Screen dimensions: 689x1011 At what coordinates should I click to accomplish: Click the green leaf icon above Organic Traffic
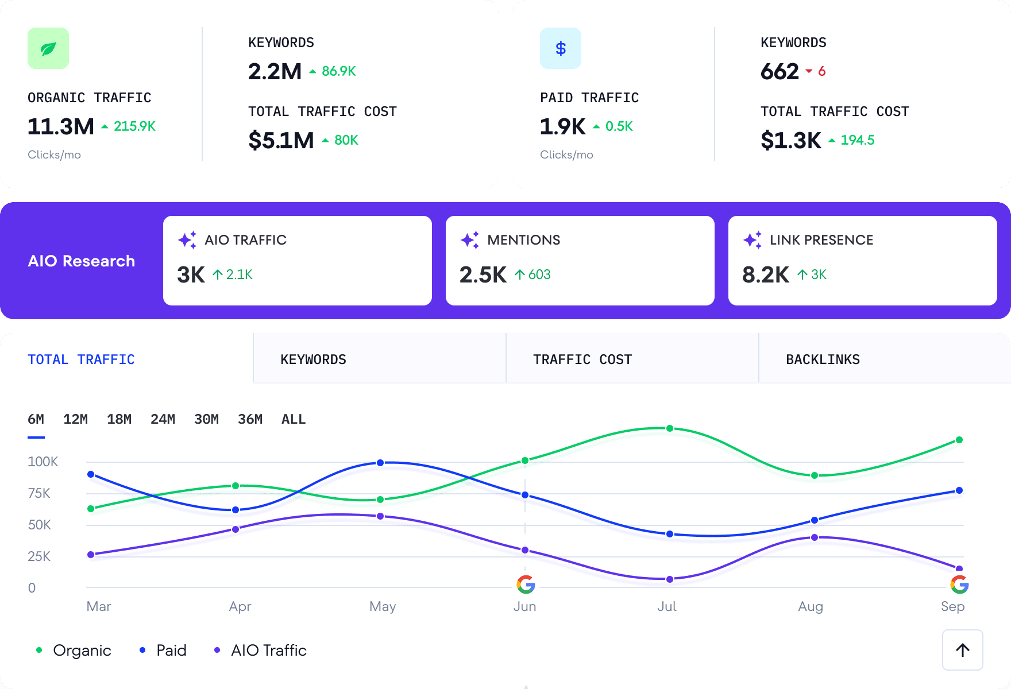coord(48,48)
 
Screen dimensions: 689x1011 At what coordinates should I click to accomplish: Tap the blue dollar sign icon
coord(561,48)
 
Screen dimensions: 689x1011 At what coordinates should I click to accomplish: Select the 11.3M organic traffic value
coord(61,126)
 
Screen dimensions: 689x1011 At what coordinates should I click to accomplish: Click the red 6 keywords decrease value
coord(821,71)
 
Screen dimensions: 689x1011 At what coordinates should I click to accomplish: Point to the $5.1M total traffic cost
coord(281,140)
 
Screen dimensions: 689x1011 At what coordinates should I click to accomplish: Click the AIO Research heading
coord(82,261)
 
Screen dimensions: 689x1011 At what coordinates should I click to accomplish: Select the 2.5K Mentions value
coord(483,274)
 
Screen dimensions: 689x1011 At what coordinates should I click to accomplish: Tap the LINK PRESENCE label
coord(821,240)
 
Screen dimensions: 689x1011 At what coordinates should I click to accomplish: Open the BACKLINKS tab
coord(823,359)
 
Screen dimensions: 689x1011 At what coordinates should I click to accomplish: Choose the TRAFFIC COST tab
coord(582,359)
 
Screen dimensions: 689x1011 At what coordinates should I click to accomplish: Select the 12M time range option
coord(75,419)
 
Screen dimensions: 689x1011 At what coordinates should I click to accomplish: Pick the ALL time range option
coord(293,419)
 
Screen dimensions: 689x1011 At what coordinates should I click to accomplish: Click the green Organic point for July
coord(670,428)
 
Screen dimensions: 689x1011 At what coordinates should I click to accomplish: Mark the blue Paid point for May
coord(380,463)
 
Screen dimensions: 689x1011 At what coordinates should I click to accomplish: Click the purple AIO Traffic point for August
coord(815,537)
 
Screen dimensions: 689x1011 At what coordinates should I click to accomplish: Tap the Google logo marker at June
coord(526,585)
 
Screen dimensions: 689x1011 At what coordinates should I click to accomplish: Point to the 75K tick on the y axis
coord(39,493)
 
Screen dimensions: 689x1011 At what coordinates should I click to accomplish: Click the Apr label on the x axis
coord(240,606)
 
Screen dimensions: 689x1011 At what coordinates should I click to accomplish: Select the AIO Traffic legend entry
coord(268,650)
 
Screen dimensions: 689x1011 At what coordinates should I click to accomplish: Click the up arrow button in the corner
coord(962,650)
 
